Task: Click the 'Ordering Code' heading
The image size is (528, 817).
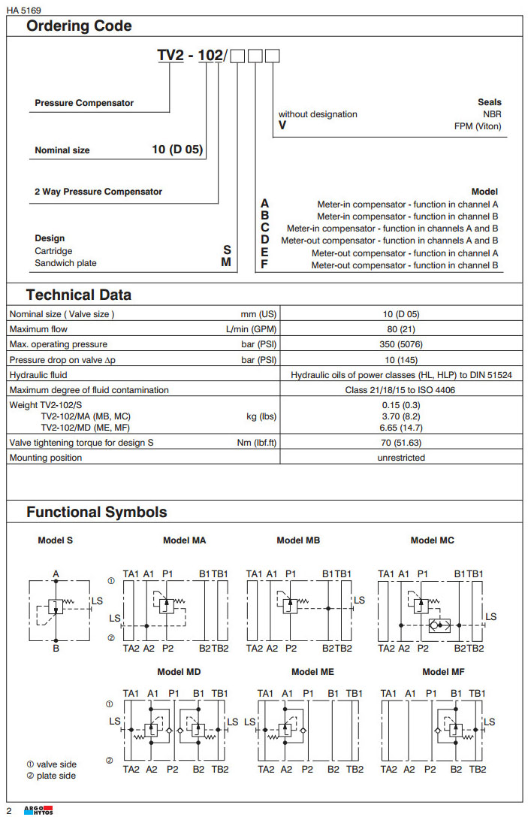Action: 79,26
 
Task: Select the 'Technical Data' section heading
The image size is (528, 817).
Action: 79,295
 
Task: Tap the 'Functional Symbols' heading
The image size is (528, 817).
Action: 97,512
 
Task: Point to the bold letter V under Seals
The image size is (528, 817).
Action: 282,126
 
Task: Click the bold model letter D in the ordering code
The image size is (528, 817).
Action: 264,240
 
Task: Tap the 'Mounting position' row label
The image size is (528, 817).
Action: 46,457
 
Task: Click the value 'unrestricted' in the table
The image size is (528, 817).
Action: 401,457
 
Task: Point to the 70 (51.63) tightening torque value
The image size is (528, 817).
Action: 401,442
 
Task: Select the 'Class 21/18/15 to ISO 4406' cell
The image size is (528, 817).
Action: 401,389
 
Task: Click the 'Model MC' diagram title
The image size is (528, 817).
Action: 432,540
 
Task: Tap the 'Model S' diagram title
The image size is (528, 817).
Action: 56,540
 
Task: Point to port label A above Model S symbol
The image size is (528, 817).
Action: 56,574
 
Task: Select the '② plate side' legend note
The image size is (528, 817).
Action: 51,776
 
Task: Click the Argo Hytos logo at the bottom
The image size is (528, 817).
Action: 38,809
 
